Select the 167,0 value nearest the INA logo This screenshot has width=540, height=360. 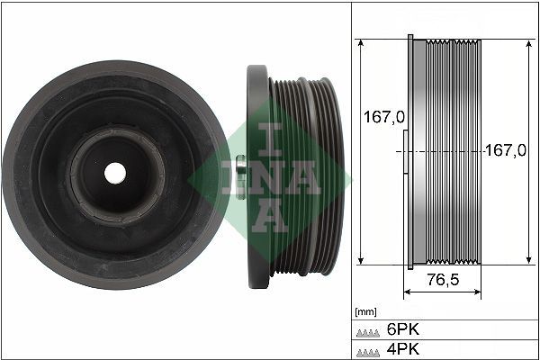(381, 118)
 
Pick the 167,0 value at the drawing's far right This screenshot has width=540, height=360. (505, 150)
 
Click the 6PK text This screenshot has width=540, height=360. (401, 329)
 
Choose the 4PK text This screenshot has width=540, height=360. (401, 349)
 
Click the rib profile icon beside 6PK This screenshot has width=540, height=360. (368, 330)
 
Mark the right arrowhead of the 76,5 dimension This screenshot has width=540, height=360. (478, 292)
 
